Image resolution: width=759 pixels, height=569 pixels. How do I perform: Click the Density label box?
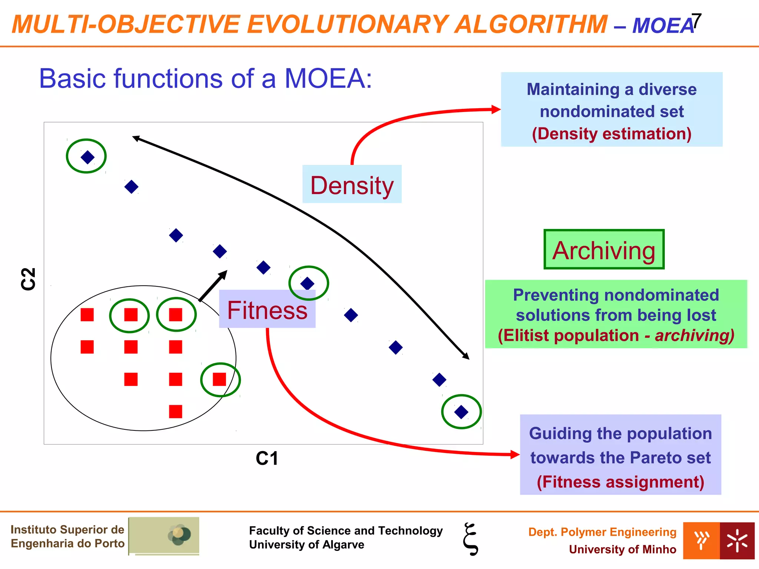(x=352, y=184)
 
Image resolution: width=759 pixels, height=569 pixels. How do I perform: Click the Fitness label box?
(x=267, y=309)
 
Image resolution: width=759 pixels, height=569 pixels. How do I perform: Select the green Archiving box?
(x=604, y=249)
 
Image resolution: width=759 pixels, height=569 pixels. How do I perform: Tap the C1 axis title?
(x=267, y=459)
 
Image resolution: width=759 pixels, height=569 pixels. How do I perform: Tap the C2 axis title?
(x=28, y=279)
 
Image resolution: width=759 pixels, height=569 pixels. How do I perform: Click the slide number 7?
(x=696, y=21)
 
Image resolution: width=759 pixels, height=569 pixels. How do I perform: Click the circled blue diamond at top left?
(x=87, y=157)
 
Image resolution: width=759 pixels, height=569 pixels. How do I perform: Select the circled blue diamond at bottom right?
(x=461, y=412)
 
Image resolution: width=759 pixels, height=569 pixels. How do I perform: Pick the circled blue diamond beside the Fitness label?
(x=307, y=283)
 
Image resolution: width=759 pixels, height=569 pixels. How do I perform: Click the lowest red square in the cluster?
(x=175, y=411)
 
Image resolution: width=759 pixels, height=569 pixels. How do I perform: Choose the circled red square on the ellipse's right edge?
(x=219, y=379)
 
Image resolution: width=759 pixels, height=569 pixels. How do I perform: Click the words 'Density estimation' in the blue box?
(x=611, y=134)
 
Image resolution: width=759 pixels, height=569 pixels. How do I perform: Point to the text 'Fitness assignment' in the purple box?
(x=620, y=482)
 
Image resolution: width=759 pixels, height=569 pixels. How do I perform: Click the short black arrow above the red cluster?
(x=213, y=286)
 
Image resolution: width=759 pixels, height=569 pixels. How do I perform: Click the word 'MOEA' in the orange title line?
(x=663, y=25)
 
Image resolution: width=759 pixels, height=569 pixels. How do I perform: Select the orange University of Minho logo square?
(x=701, y=540)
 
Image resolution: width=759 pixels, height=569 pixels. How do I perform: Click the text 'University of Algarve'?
(x=306, y=545)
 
